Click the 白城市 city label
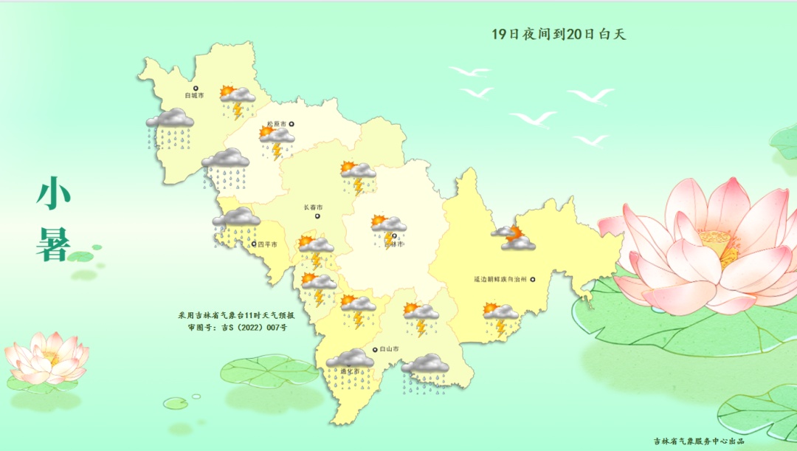[194, 95]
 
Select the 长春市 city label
[313, 207]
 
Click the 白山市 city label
[388, 349]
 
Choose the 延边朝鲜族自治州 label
[500, 280]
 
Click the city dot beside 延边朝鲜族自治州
[532, 279]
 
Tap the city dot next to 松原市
[291, 124]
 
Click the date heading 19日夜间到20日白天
[558, 34]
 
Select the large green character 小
[53, 194]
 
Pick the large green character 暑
[53, 243]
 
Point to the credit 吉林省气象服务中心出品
[698, 441]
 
